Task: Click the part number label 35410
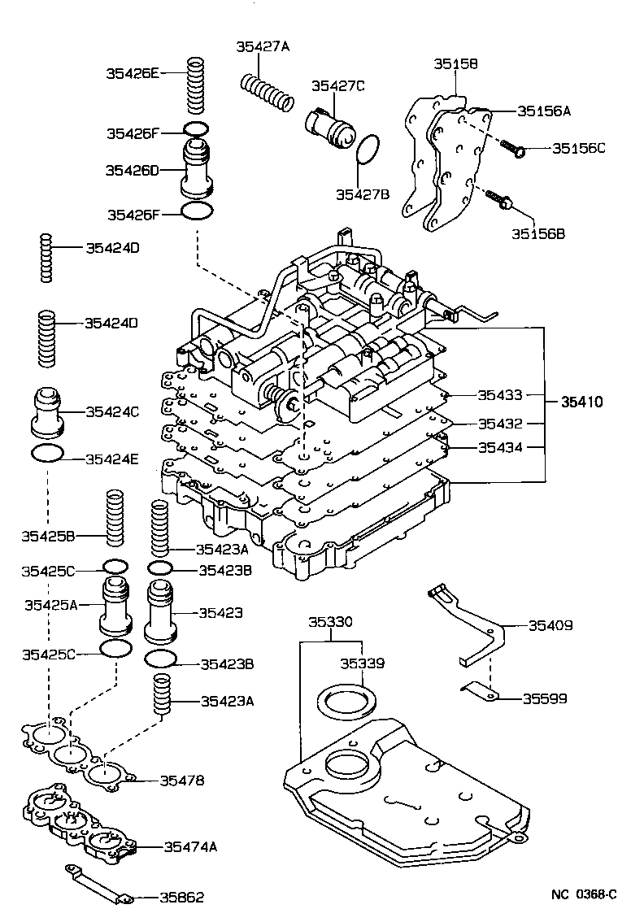[x=581, y=402]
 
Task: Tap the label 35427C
[x=338, y=86]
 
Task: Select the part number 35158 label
[x=455, y=63]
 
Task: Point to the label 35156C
[x=579, y=148]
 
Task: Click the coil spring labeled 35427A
[x=267, y=92]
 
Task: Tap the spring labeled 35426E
[x=196, y=85]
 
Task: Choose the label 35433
[x=500, y=395]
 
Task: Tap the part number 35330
[x=331, y=621]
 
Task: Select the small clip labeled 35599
[x=480, y=692]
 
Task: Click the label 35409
[x=550, y=625]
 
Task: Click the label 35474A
[x=190, y=846]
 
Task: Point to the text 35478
[x=182, y=781]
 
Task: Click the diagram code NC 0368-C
[x=584, y=894]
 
